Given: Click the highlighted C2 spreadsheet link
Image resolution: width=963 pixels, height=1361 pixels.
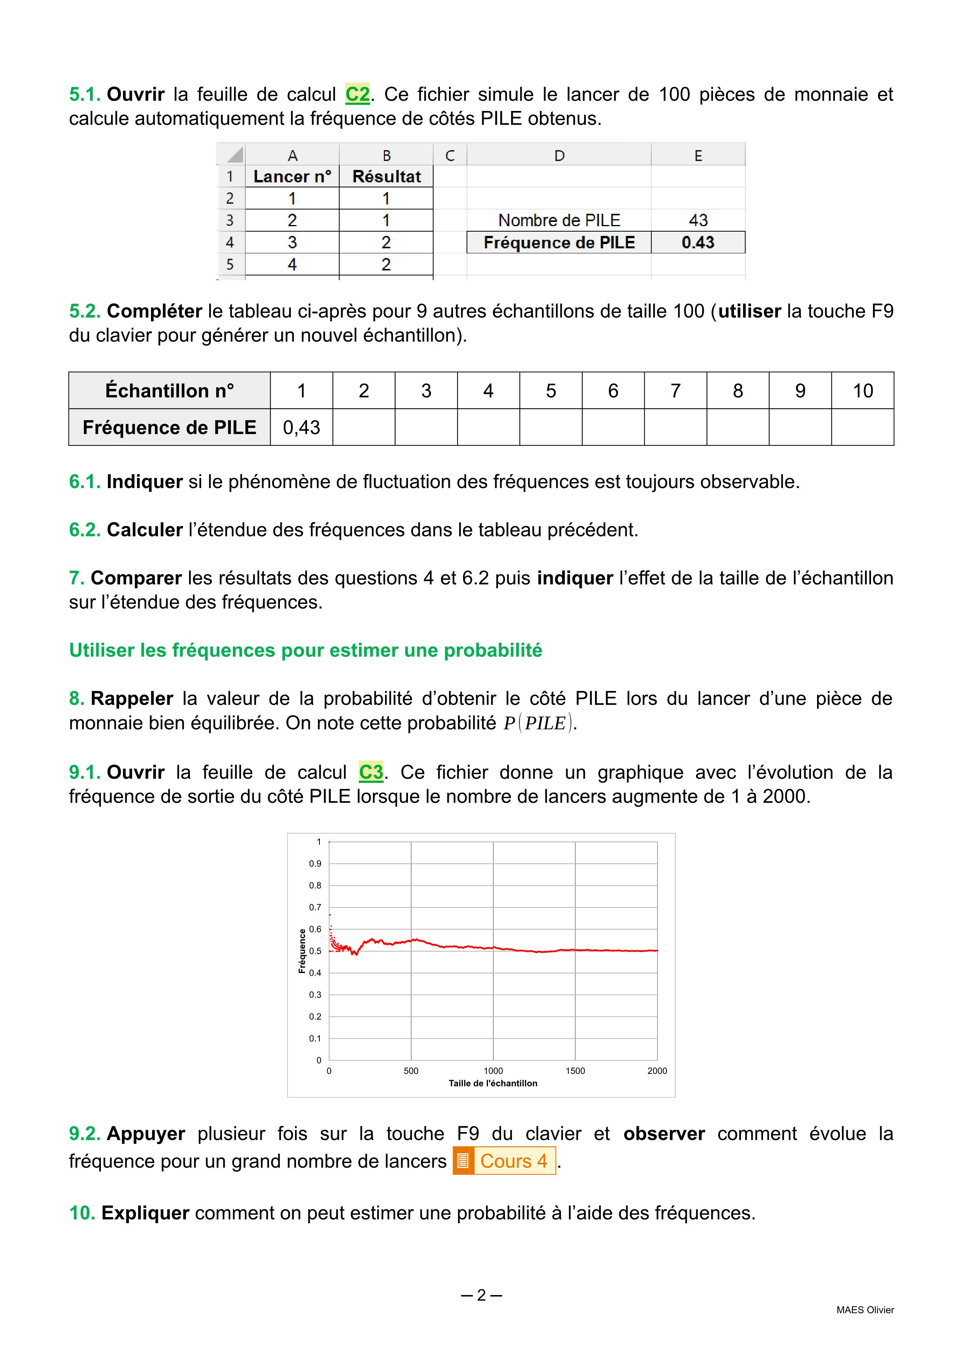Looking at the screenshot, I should [x=357, y=94].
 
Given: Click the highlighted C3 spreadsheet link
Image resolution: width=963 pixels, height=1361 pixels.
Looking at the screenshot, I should [x=371, y=772].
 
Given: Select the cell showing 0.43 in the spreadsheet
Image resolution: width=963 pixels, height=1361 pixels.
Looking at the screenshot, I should [x=698, y=242].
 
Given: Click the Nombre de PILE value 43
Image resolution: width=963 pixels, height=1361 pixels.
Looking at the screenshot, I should [x=698, y=220].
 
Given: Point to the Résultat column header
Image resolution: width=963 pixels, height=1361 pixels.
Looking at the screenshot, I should [x=386, y=177].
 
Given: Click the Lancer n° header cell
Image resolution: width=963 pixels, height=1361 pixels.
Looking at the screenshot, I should [x=292, y=177].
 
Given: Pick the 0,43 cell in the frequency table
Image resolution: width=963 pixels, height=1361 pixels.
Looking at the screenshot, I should [x=301, y=428].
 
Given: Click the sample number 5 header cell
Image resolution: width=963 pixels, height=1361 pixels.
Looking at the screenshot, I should [x=551, y=391].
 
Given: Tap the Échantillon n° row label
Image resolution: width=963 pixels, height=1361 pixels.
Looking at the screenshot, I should [x=170, y=391].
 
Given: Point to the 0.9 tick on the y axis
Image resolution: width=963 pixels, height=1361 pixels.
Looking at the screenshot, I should [x=315, y=864].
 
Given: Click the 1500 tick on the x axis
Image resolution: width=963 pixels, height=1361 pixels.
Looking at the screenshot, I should [x=575, y=1070].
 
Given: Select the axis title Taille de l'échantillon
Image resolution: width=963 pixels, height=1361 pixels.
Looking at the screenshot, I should [x=493, y=1083].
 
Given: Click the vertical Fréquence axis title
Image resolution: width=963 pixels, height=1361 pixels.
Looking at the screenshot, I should [x=302, y=951].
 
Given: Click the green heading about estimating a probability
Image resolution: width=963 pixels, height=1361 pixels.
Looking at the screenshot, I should [x=305, y=650].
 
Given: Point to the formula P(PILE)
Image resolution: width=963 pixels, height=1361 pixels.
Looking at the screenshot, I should [x=538, y=723].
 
